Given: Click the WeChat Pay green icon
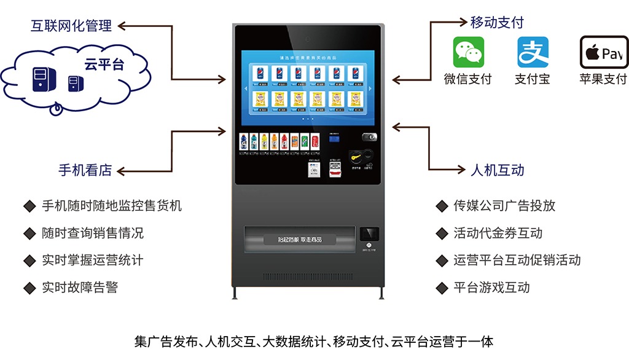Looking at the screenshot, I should pos(469,52).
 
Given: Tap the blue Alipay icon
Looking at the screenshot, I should pos(533,52).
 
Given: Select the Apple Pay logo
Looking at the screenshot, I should pos(604,52).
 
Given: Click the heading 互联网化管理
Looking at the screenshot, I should pos(71,26).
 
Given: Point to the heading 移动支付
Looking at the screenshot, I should pos(497,23).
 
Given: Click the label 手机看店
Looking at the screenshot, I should pos(85,170).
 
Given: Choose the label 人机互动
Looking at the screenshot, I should pos(498,170).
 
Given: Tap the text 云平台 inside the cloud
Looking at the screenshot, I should pos(104,64).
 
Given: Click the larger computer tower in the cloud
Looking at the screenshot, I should pos(41,79).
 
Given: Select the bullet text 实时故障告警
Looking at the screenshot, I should pos(80,287).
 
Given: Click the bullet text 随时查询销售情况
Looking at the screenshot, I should pos(93,233).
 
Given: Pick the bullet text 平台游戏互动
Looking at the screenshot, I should pos(491,287).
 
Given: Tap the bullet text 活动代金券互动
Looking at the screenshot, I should pos(498,233).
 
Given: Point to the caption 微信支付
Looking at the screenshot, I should pos(468,80).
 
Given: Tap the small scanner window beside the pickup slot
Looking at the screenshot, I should pos(369,234).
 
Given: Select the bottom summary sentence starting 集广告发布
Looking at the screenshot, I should pos(314,341).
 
